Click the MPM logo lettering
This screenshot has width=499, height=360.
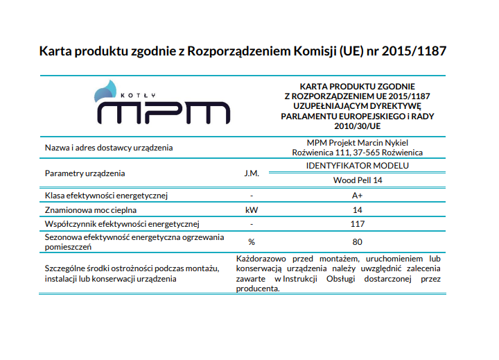(164, 113)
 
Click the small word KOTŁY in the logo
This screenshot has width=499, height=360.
(138, 95)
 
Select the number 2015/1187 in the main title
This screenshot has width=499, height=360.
(414, 51)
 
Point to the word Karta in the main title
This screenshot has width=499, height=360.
(55, 51)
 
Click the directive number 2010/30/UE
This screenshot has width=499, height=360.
(358, 126)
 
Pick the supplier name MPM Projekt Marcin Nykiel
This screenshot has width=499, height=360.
(358, 143)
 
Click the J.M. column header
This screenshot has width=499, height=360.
(252, 173)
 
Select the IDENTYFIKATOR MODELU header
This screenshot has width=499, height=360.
(358, 166)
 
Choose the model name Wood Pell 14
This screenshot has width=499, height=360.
(358, 180)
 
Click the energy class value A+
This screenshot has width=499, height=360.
(357, 196)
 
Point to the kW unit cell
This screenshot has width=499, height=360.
(252, 210)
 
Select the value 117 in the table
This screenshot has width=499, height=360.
(358, 224)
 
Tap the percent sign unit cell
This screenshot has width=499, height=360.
(252, 242)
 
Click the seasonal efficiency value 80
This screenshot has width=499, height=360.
(358, 242)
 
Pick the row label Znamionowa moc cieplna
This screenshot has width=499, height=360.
(91, 210)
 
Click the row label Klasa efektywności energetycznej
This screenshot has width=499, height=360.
(106, 196)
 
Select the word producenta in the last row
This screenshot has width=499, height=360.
(258, 289)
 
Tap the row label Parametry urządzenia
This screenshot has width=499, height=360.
(85, 173)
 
